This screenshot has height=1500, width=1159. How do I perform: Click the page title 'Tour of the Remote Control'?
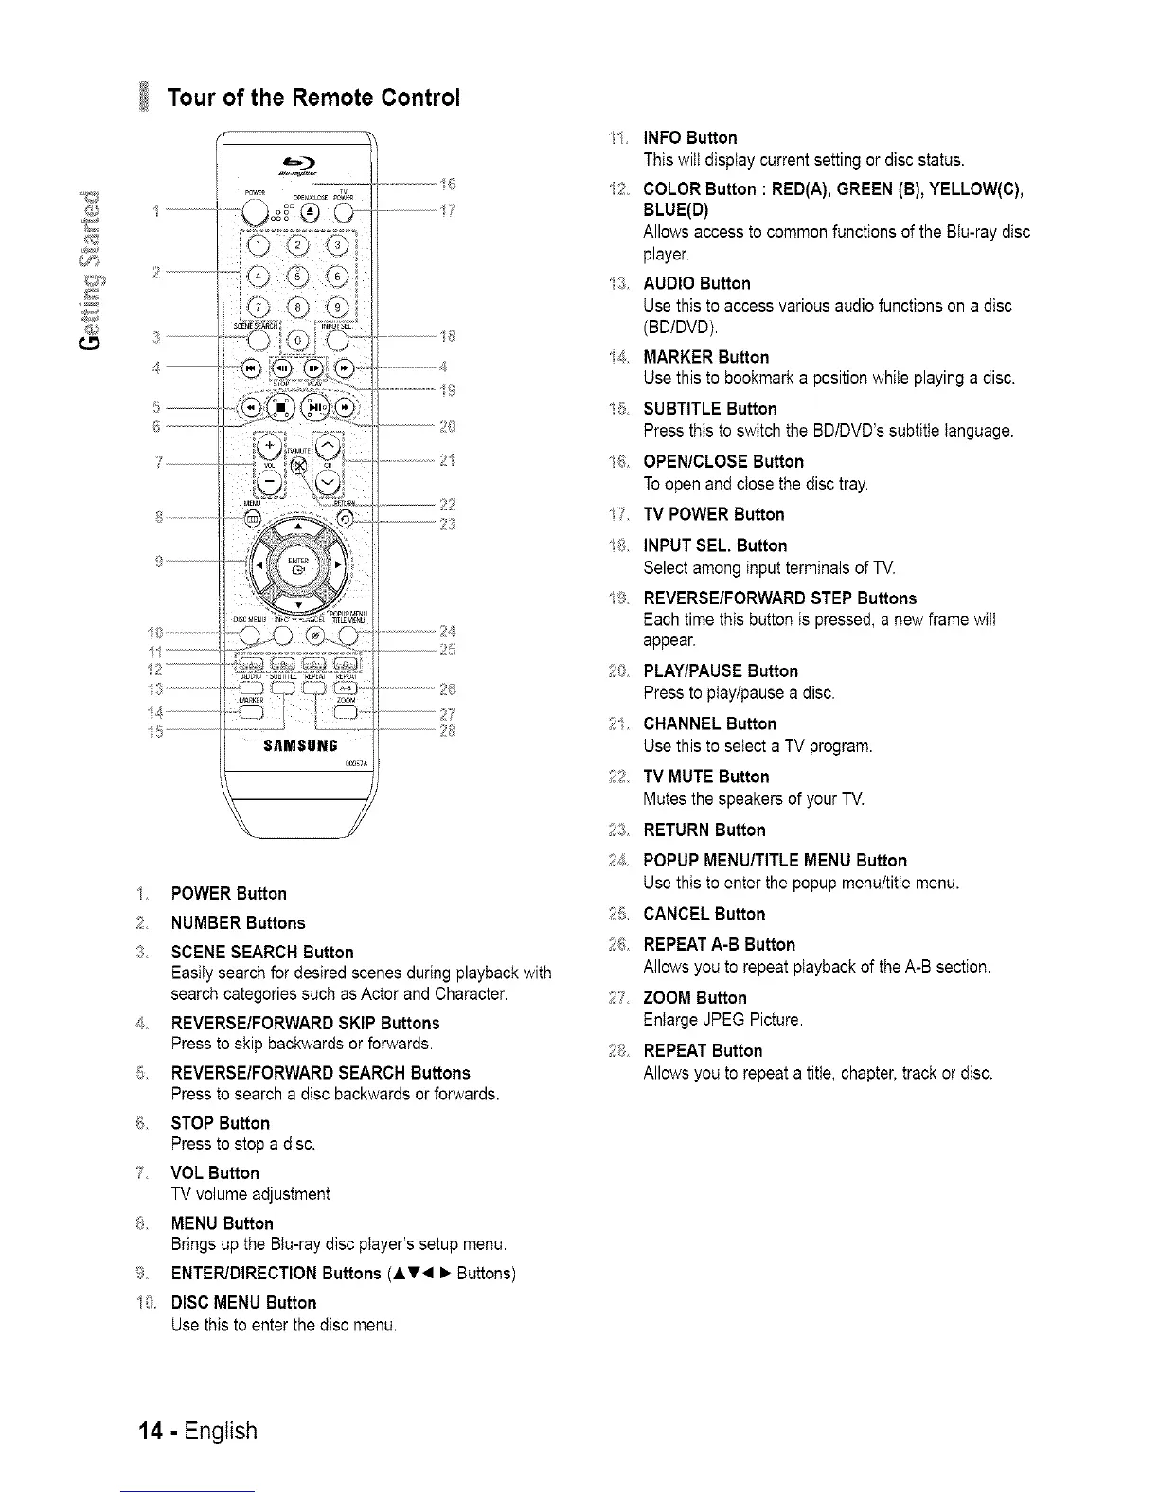coord(313,98)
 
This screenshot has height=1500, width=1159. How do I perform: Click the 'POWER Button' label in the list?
coord(228,894)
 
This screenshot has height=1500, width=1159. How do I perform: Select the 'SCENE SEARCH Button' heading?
coord(261,952)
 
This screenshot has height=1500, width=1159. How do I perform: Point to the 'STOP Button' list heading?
coord(220,1123)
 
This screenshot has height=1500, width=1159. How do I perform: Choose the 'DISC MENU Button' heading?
coord(243,1302)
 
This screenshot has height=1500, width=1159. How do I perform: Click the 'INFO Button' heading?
coord(689,138)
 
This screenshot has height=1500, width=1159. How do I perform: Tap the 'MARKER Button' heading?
coord(705,357)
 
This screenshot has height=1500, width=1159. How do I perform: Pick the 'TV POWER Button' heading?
coord(713,514)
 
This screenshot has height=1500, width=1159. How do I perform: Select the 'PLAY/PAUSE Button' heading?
coord(720,671)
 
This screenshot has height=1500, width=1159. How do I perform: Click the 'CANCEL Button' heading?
coord(704,914)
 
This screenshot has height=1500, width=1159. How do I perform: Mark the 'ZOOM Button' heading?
coord(694,998)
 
